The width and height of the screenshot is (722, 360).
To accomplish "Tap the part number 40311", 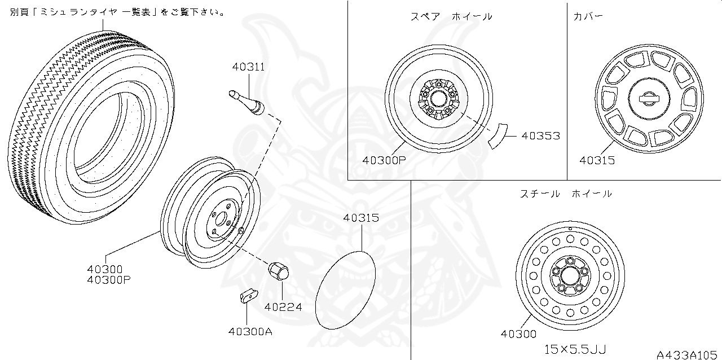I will tap(248, 67).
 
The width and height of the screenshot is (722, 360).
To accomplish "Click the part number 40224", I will tap(283, 308).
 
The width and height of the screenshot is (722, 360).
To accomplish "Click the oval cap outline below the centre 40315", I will tap(345, 289).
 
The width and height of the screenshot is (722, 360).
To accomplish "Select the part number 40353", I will tap(540, 136).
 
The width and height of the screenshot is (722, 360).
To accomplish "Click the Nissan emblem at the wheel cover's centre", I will tap(649, 98).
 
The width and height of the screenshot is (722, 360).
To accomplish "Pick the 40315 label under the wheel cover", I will tap(597, 161).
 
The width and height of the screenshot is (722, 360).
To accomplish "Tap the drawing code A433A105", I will tap(688, 354).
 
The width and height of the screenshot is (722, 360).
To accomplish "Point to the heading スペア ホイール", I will tap(451, 16).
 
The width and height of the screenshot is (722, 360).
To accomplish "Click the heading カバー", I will tap(588, 16).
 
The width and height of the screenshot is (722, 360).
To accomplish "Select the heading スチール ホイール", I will tap(565, 194).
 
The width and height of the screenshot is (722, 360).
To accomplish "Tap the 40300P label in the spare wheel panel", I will tap(384, 160).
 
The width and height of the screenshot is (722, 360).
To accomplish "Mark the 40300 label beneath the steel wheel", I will tap(518, 333).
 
